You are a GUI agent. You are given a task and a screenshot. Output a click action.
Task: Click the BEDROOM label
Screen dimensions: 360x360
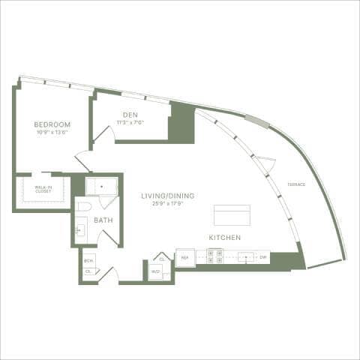pos(52,124)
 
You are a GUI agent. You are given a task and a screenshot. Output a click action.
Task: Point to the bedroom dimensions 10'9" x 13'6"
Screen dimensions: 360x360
pos(52,131)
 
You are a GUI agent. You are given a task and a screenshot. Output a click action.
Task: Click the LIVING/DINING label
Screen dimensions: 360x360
pos(168,196)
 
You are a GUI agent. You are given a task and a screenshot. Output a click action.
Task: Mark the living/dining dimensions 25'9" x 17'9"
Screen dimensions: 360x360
pos(168,203)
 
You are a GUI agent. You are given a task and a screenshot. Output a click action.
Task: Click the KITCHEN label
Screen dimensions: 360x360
pos(225,237)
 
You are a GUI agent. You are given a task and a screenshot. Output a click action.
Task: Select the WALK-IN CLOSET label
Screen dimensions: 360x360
pos(34,190)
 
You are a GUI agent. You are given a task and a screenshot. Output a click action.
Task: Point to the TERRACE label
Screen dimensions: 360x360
pos(295,184)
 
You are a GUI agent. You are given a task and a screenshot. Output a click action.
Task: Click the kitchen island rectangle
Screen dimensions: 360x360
pos(232,214)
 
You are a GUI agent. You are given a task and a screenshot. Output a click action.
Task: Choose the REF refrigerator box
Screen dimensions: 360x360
pos(184,257)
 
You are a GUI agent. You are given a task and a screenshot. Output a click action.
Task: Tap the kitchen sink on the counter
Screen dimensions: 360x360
pos(245,256)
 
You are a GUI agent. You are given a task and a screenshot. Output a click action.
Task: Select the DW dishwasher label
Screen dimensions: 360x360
pos(263,257)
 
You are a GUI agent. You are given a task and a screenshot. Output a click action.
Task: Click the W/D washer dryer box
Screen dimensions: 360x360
pos(156,271)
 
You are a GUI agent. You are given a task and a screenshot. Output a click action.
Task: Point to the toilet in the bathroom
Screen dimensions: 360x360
pos(85,205)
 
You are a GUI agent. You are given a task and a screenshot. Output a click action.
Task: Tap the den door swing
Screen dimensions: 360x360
pos(103,135)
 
